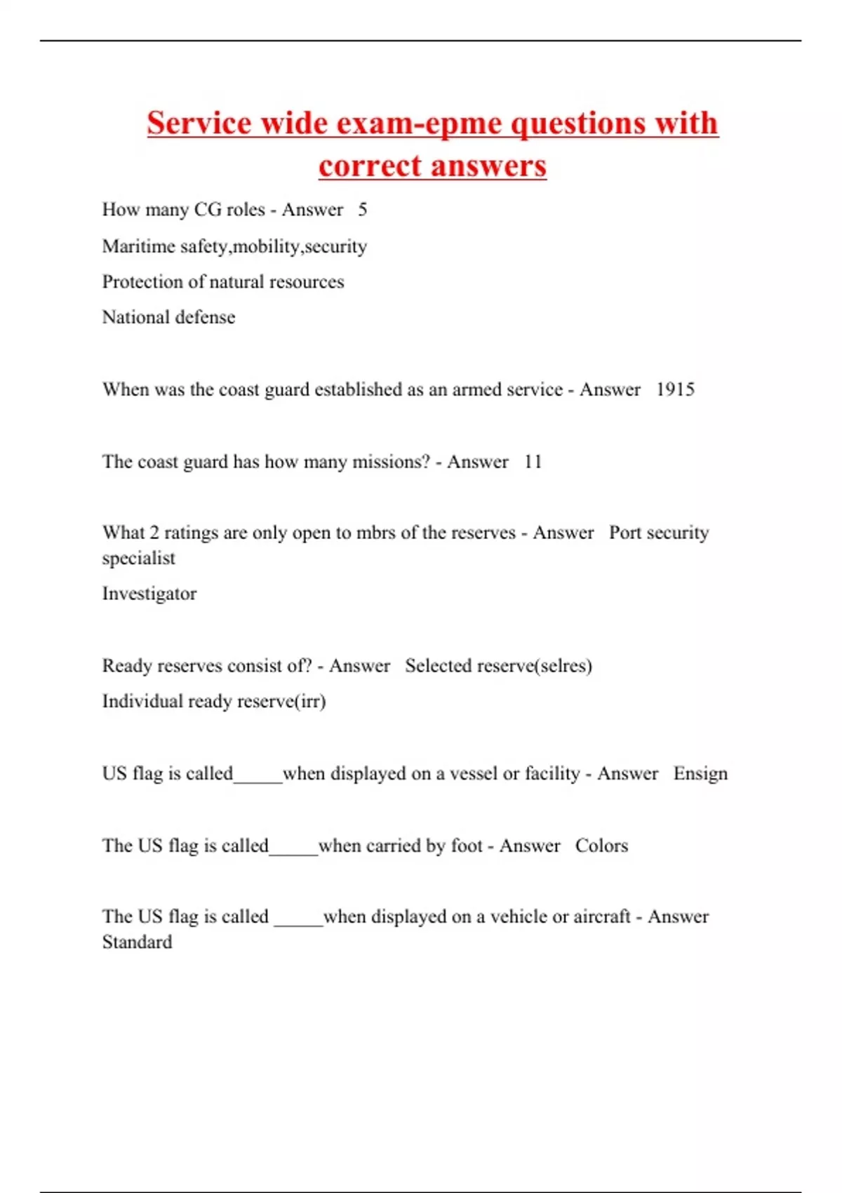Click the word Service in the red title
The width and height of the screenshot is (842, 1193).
199,124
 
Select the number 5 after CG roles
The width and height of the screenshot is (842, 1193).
362,210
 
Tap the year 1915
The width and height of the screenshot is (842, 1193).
675,389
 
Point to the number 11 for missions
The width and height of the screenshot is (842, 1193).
533,462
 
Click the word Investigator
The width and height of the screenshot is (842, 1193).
149,594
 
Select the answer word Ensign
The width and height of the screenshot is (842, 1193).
700,773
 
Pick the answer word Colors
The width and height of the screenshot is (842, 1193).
601,846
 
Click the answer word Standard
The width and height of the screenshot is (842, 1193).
137,942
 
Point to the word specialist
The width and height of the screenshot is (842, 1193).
138,559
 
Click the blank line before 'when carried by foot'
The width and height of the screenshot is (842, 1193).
293,851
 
